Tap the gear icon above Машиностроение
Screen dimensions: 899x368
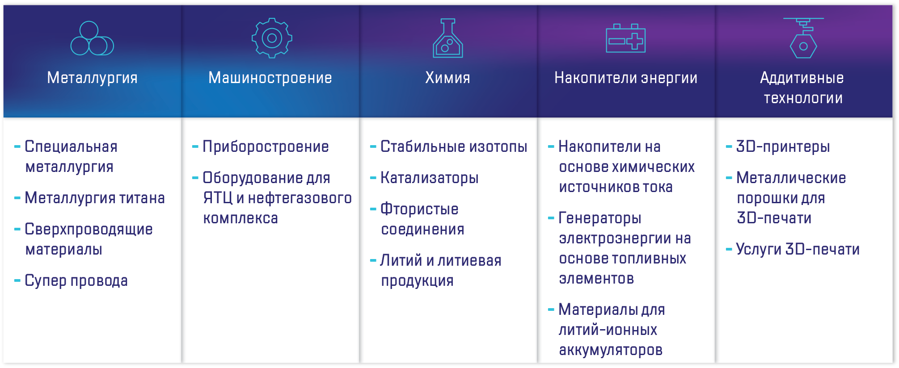point(272,38)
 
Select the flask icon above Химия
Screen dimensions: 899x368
point(448,38)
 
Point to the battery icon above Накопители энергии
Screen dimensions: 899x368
point(625,38)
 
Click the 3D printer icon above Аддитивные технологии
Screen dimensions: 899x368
point(803,38)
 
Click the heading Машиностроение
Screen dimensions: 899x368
point(270,78)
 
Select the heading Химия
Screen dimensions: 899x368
point(447,78)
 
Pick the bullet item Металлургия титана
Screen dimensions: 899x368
point(95,198)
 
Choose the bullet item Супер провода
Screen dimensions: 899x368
point(76,281)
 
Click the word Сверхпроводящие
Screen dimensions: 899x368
point(89,230)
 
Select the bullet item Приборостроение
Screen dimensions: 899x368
point(266,147)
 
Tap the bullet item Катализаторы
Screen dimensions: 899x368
point(429,178)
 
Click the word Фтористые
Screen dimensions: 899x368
point(419,209)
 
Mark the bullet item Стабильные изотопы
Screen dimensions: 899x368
point(454,147)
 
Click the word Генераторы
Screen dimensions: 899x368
point(600,218)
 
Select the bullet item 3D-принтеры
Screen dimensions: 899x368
point(783,147)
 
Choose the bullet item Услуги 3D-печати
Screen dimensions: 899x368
point(798,250)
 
